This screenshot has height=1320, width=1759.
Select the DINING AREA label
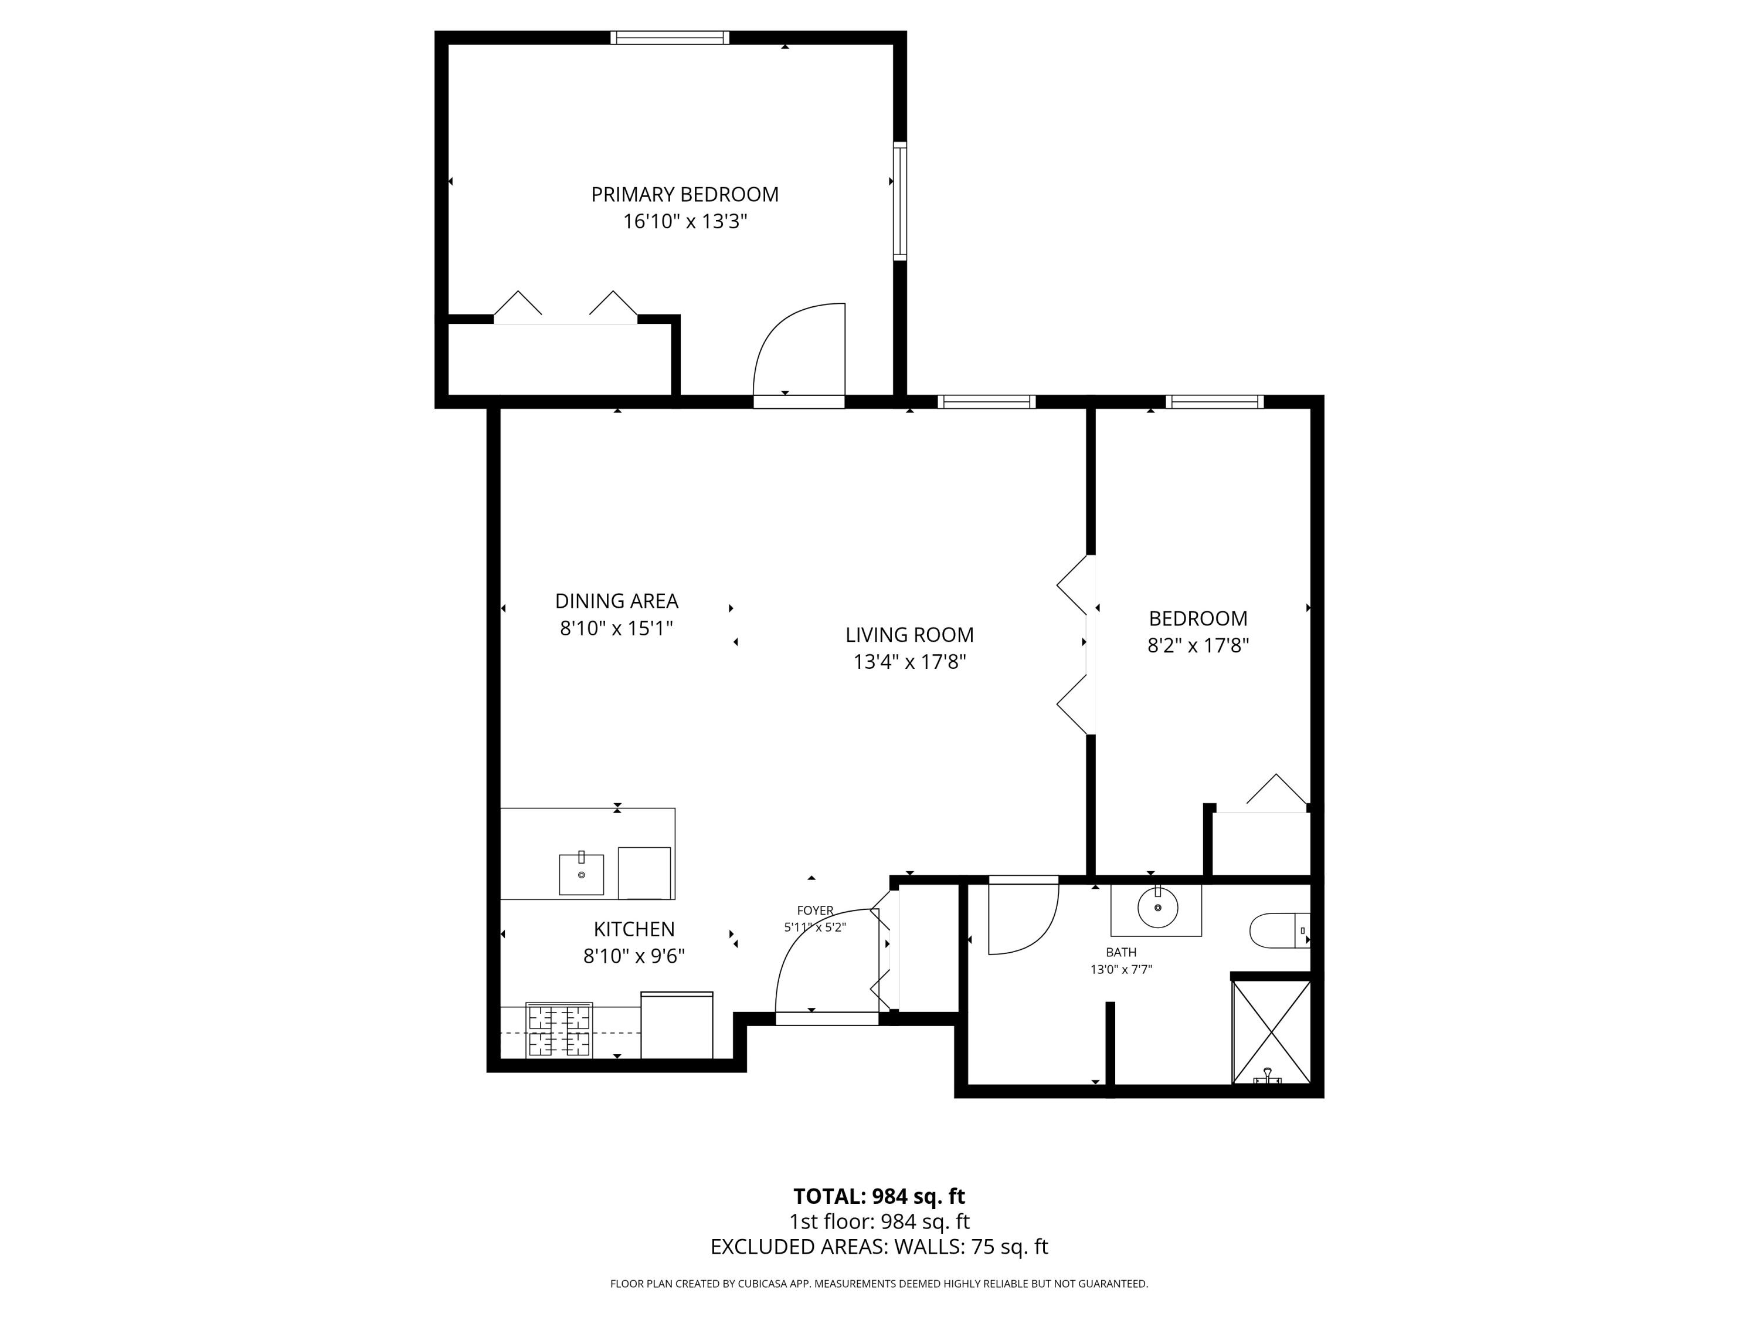[616, 601]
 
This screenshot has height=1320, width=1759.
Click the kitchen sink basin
[581, 875]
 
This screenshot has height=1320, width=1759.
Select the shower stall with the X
[1271, 1032]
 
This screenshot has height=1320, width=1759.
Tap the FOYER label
[814, 911]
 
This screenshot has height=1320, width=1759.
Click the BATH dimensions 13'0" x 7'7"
[1120, 969]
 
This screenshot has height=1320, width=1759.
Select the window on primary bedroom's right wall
[899, 201]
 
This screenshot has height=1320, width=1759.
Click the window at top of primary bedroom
[670, 38]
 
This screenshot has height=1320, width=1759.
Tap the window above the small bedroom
[1214, 402]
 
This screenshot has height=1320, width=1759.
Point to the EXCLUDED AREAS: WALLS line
[879, 1247]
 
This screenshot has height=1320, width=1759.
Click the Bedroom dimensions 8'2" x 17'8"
[1197, 645]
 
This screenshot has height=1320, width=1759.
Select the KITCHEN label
[634, 929]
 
